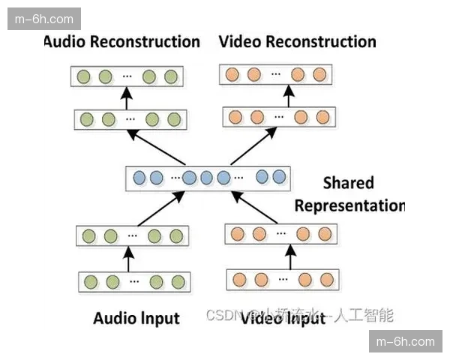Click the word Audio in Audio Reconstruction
64,41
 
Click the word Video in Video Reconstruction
239,41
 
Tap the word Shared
348,182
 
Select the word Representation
349,205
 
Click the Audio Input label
136,318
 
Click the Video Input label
283,318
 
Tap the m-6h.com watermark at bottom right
405,341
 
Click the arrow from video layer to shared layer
256,206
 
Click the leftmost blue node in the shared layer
139,178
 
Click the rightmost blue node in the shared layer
280,177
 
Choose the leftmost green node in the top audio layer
84,76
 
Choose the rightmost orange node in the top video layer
320,74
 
